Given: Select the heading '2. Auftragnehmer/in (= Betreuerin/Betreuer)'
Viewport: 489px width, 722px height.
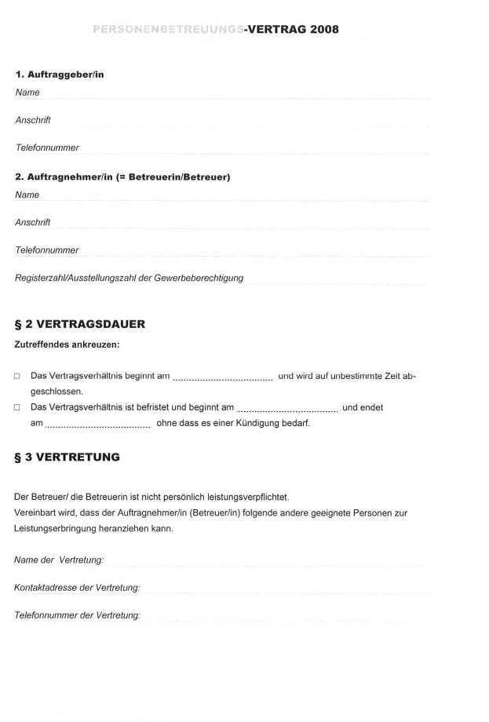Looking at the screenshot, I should pos(122,177).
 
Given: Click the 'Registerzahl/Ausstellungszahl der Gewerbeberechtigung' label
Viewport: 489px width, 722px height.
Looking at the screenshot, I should pos(129,278).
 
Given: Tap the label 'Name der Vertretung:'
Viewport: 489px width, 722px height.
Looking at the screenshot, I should pos(59,560).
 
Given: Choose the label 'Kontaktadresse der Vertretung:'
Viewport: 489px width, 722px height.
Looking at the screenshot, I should pos(77,587).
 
